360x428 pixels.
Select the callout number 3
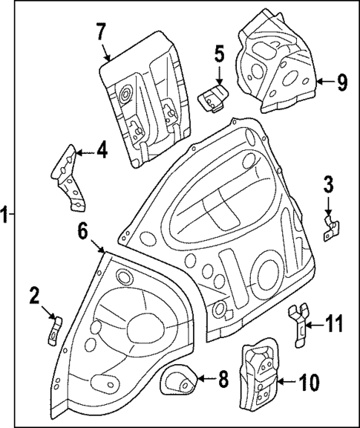point(329,184)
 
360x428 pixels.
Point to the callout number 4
point(102,151)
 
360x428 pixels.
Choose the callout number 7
point(101,32)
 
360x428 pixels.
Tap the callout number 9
point(341,82)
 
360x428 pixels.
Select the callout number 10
point(309,382)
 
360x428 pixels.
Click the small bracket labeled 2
point(54,329)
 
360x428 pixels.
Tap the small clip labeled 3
point(331,226)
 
